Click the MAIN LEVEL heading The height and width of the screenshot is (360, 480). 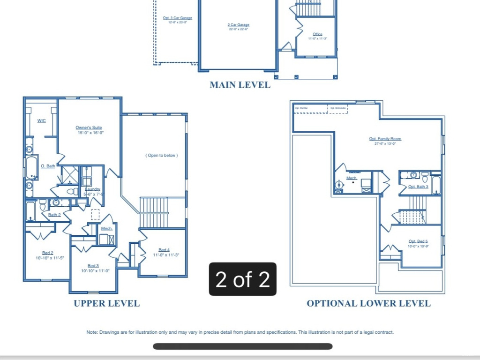coord(240,85)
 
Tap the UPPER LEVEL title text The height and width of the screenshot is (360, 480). coord(106,303)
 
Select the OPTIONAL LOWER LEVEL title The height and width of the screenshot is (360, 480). coord(368,303)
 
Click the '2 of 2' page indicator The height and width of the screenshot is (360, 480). coord(242,279)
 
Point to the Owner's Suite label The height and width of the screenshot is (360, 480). coord(89,127)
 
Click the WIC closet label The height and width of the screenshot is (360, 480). coord(42,121)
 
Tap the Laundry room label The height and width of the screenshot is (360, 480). coord(92,189)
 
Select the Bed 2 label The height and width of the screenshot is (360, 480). coord(47,253)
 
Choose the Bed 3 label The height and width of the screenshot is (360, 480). coord(93,266)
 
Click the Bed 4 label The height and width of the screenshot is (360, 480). coord(164,250)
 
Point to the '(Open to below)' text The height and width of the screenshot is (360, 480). coord(162,155)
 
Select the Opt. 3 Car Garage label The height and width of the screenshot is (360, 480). coord(174,18)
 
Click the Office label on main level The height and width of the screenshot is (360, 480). coord(317,34)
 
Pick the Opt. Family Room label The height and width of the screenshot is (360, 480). coord(385,139)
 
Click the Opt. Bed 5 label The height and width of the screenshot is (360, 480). coord(418,241)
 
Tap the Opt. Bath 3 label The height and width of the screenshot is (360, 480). coord(418,187)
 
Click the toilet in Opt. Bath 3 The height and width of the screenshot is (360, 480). coord(425,177)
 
